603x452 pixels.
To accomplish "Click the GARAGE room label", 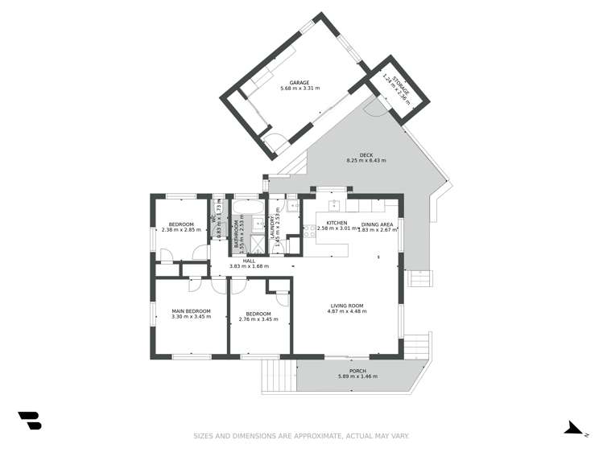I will pyautogui.click(x=299, y=81).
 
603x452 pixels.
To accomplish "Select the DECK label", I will pyautogui.click(x=366, y=155).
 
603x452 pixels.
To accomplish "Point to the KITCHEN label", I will pyautogui.click(x=337, y=223).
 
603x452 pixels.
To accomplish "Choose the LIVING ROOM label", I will pyautogui.click(x=348, y=305).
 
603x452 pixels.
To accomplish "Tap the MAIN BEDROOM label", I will pyautogui.click(x=191, y=310).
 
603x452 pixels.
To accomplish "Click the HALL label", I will pyautogui.click(x=249, y=261).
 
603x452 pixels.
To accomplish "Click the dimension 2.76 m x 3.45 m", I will pyautogui.click(x=258, y=318).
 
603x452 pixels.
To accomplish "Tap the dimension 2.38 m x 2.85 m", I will pyautogui.click(x=181, y=230).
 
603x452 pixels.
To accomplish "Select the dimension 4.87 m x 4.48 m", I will pyautogui.click(x=348, y=311).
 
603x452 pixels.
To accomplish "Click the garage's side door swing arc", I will pyautogui.click(x=275, y=145).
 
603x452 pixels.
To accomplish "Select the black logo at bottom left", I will pyautogui.click(x=30, y=420).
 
